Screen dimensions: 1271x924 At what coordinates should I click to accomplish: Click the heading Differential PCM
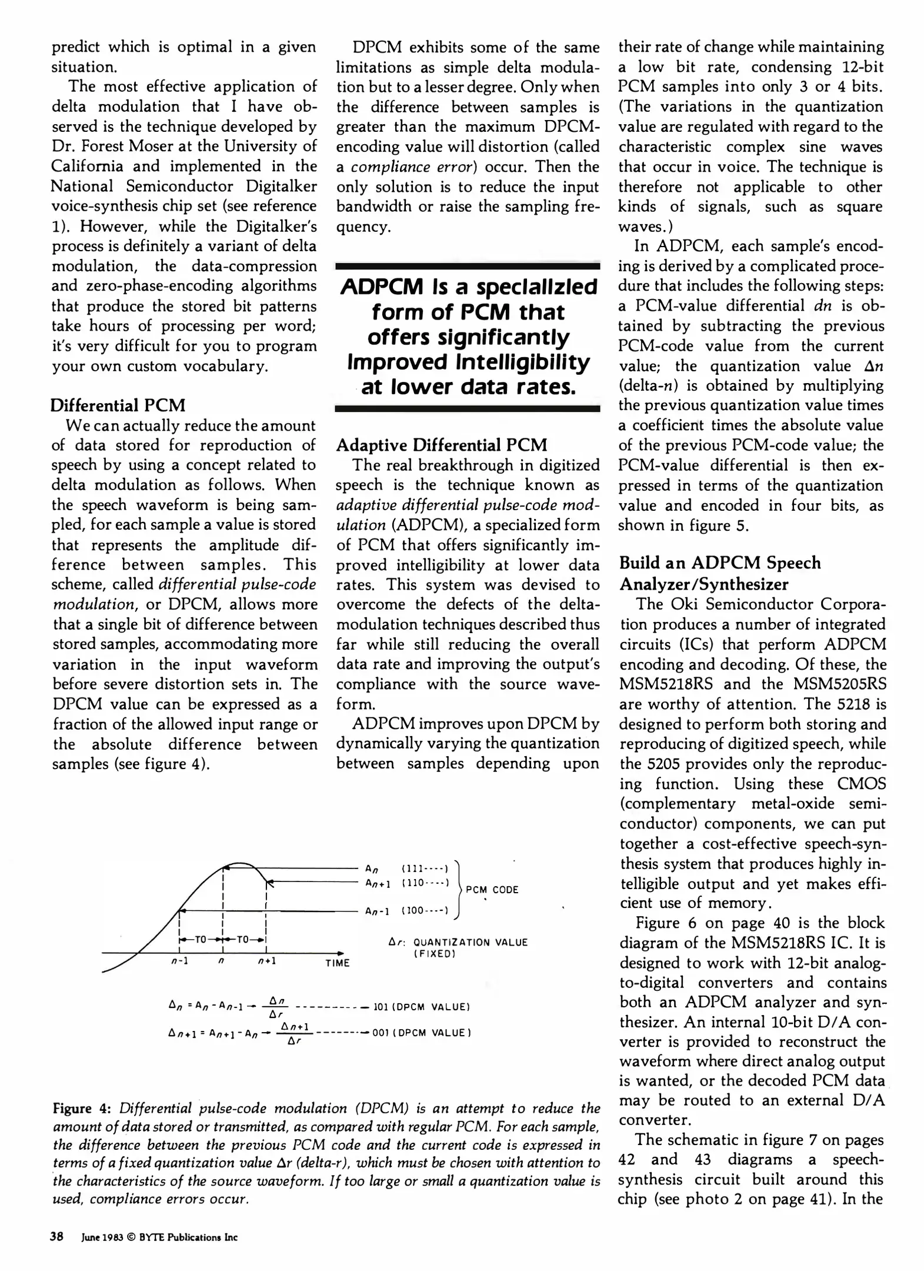[x=118, y=405]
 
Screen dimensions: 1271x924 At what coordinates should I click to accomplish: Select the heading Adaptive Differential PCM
[x=442, y=445]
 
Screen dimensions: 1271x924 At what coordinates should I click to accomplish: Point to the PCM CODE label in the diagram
[x=492, y=890]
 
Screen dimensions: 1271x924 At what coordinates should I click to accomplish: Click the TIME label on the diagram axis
[x=338, y=963]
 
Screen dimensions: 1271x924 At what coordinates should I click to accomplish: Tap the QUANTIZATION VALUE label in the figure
[x=471, y=942]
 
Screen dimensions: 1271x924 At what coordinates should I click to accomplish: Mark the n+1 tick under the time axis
[x=267, y=961]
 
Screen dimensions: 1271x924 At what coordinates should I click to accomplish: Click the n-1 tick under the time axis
[x=179, y=961]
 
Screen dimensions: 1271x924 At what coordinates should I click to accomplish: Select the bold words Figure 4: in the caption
[x=82, y=1109]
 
